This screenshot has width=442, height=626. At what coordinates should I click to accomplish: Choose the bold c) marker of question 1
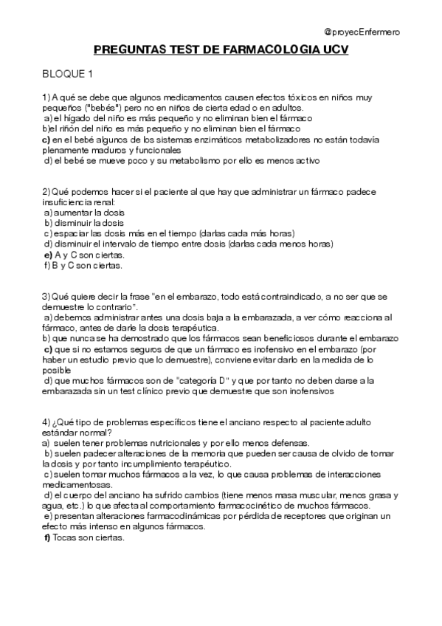tap(46, 139)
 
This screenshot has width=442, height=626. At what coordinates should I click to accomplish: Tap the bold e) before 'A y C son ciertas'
tap(48, 254)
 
